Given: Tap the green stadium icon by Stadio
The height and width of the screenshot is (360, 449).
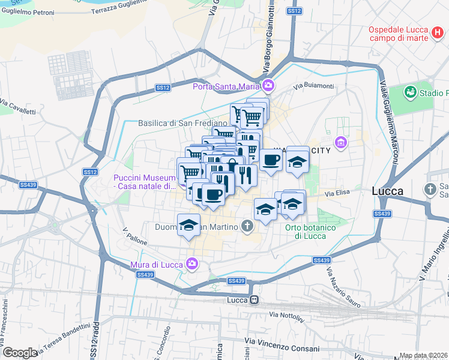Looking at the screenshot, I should [411, 92].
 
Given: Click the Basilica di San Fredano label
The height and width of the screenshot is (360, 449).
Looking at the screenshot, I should [174, 123].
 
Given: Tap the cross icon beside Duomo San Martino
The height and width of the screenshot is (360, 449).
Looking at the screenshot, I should [247, 226].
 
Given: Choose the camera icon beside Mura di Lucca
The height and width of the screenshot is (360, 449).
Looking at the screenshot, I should [191, 263].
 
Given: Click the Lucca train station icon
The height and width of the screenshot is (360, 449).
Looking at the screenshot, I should [255, 300].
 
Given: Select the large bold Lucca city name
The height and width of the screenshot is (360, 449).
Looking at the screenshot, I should [387, 191].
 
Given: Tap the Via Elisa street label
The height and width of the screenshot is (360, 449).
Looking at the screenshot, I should [337, 194].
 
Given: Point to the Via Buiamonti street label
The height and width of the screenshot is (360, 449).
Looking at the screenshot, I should [313, 86].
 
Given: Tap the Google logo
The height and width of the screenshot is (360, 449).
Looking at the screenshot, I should [20, 353].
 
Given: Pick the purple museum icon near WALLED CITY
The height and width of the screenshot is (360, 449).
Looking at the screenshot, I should [342, 142].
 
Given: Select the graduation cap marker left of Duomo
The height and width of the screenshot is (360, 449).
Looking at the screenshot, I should [188, 225].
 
